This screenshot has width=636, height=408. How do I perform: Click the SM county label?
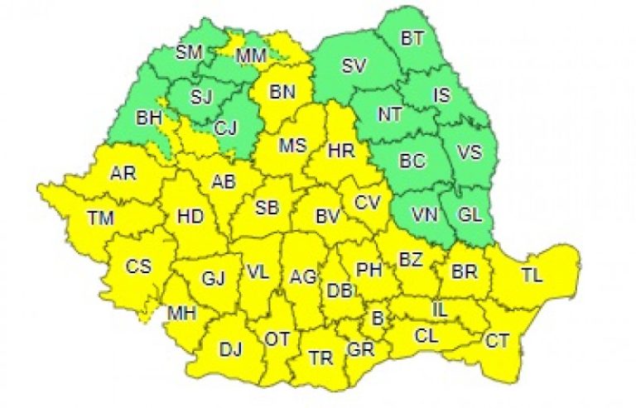coord(190,52)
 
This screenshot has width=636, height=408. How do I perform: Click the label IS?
coord(442,95)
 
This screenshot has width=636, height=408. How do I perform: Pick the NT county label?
coord(389,115)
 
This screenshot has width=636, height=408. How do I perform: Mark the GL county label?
coord(470,215)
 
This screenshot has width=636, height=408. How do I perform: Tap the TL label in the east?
coord(533,276)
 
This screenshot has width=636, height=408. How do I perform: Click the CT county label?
coord(498,339)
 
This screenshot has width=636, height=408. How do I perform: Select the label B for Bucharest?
coord(378,316)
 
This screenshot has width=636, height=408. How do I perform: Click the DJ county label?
coord(230,350)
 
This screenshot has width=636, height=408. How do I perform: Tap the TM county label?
coord(103,218)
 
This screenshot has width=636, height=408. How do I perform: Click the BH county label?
coord(149,119)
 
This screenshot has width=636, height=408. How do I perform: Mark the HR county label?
coord(340,151)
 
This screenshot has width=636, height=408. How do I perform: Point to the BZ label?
coord(411,259)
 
